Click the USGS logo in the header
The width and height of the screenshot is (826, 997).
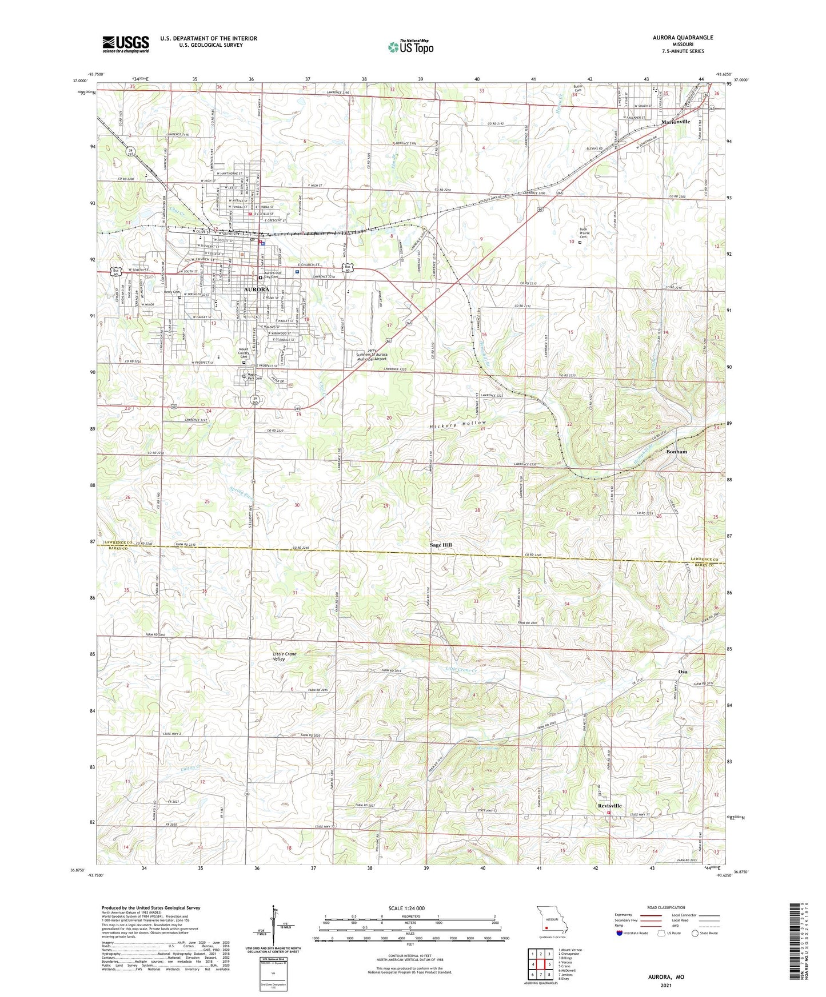(126, 44)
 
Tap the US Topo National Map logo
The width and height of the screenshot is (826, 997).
(410, 47)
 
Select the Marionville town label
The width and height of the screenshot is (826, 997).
(675, 122)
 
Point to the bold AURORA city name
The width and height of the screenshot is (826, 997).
(257, 290)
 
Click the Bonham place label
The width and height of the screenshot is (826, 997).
(676, 452)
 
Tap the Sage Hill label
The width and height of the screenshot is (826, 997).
(441, 545)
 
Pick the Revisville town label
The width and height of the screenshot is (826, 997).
(609, 806)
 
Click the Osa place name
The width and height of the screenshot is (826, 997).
(683, 672)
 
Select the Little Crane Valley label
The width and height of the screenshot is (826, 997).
(284, 657)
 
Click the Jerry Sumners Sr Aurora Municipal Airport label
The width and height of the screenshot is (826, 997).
(369, 355)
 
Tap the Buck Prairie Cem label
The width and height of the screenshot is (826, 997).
(584, 233)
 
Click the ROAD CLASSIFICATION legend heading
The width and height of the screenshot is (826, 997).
(666, 907)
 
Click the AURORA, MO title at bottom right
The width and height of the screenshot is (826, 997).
(666, 977)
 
